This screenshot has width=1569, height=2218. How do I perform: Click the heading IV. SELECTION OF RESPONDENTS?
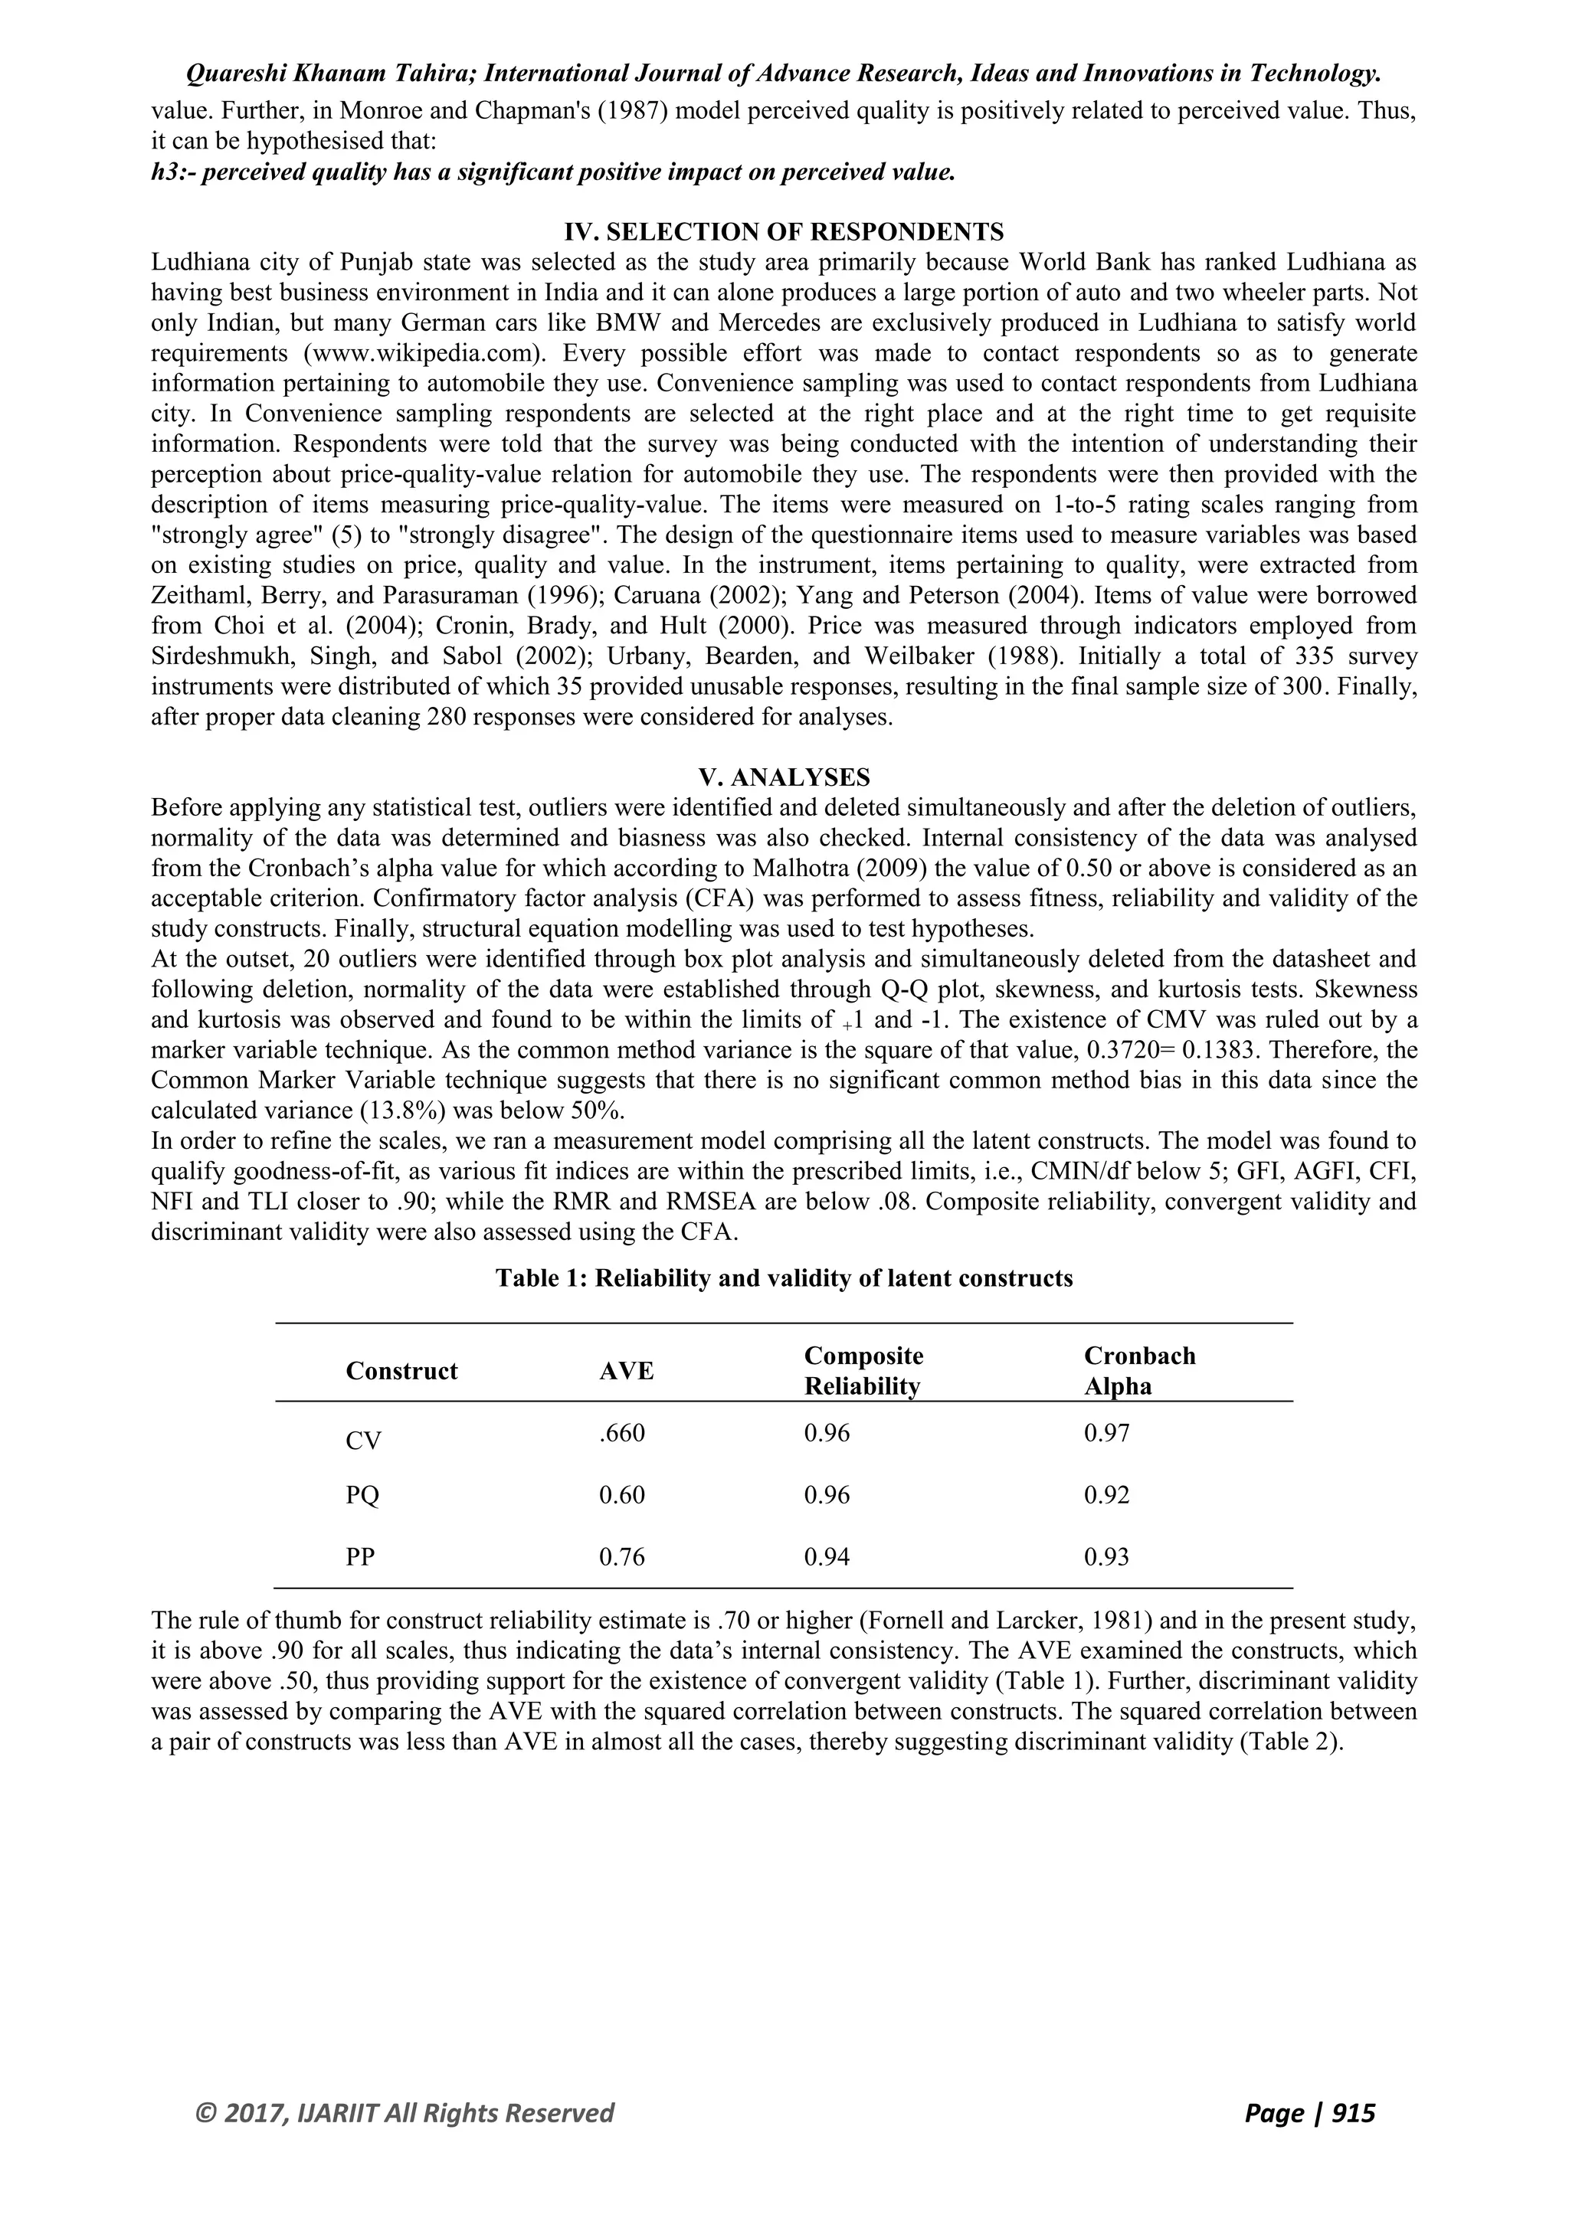pyautogui.click(x=784, y=232)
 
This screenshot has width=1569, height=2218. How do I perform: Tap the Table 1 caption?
pyautogui.click(x=784, y=1278)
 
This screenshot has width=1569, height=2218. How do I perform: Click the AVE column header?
pyautogui.click(x=626, y=1371)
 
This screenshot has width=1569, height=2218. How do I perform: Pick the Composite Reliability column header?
pyautogui.click(x=863, y=1371)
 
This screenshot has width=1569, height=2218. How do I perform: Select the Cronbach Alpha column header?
pyautogui.click(x=1139, y=1371)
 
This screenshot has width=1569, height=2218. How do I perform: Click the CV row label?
pyautogui.click(x=363, y=1441)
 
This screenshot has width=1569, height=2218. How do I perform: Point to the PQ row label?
pyautogui.click(x=362, y=1496)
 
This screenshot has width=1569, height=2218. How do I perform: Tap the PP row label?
pyautogui.click(x=360, y=1557)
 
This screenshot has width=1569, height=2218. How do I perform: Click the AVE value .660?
pyautogui.click(x=621, y=1433)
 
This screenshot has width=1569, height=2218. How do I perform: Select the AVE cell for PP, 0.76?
pyautogui.click(x=621, y=1557)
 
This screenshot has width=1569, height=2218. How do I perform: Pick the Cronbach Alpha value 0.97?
pyautogui.click(x=1106, y=1433)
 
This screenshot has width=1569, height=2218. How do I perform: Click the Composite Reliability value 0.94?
pyautogui.click(x=827, y=1557)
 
